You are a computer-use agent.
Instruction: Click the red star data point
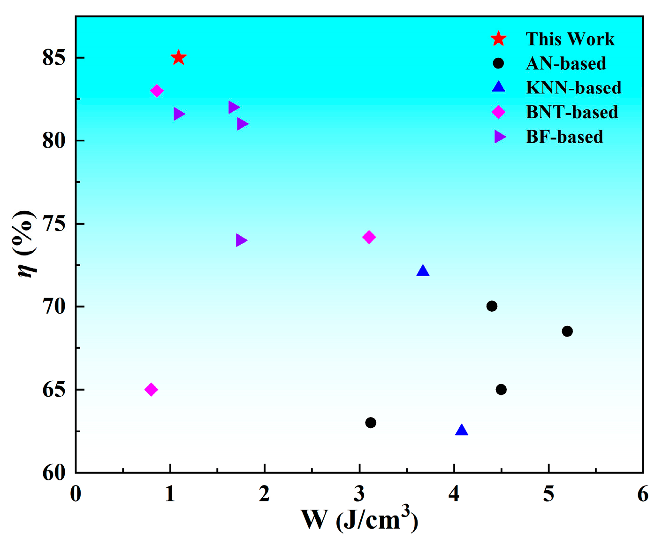point(178,58)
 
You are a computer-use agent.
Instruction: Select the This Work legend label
point(570,39)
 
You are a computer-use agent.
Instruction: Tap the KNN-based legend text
point(573,88)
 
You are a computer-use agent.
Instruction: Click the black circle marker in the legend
point(498,63)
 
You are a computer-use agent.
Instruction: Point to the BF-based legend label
point(564,137)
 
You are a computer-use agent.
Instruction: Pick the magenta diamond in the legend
point(498,112)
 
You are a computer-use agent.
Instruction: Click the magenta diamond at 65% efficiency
point(151,389)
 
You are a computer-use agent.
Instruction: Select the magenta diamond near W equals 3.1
point(369,237)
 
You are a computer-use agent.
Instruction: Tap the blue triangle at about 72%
point(423,271)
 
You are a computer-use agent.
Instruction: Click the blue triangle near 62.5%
point(462,430)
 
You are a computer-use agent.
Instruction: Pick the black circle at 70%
point(492,306)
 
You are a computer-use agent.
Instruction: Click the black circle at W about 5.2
point(567,331)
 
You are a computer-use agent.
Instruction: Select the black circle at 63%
point(371,423)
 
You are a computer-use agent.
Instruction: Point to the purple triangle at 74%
point(241,240)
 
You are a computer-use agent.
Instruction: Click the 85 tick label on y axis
point(53,58)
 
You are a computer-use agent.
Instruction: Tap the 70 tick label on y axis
point(53,307)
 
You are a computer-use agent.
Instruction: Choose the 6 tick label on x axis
point(643,494)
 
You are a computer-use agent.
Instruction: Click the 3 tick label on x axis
point(359,494)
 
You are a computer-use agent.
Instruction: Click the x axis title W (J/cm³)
point(359,520)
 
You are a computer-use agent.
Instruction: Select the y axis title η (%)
point(26,244)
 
